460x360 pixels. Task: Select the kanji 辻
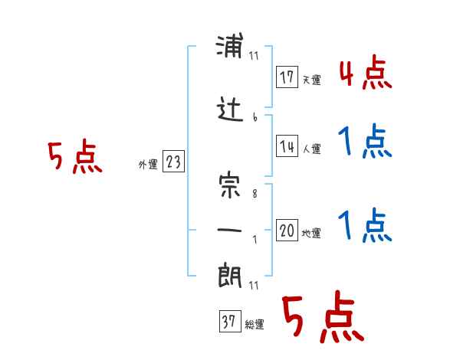(x=229, y=112)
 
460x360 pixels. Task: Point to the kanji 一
(x=229, y=231)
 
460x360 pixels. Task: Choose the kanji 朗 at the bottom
(x=229, y=276)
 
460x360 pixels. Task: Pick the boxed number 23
(x=173, y=163)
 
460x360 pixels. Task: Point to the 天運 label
(x=311, y=79)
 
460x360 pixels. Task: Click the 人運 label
(x=311, y=149)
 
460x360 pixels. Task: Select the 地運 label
(x=311, y=233)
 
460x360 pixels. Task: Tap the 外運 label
(x=147, y=164)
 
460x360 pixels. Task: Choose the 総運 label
(x=255, y=324)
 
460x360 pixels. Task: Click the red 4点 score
(x=366, y=74)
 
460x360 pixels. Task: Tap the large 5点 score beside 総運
(x=322, y=318)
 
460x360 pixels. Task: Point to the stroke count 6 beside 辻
(x=255, y=117)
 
